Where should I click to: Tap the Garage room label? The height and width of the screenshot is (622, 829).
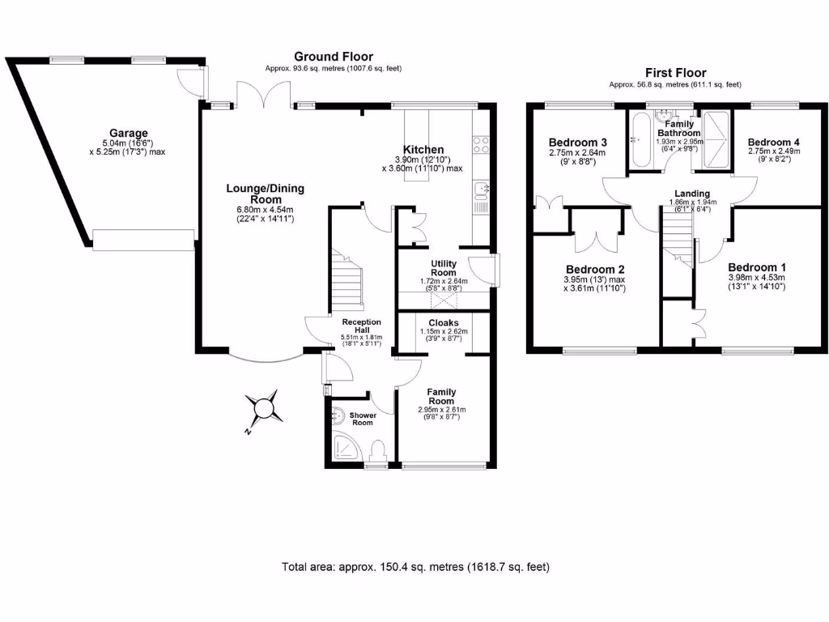130,134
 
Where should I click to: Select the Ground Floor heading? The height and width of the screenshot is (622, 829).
333,57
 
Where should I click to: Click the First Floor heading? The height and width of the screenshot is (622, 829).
675,72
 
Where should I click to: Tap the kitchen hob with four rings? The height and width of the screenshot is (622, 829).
481,146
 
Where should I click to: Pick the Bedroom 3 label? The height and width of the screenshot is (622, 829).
578,143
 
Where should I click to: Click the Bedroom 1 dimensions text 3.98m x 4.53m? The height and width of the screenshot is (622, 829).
756,277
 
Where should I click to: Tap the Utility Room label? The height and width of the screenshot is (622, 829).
444,268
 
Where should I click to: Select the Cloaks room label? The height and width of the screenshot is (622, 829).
444,322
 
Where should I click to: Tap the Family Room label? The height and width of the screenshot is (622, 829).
441,395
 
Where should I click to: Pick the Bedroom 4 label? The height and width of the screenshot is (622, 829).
769,140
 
